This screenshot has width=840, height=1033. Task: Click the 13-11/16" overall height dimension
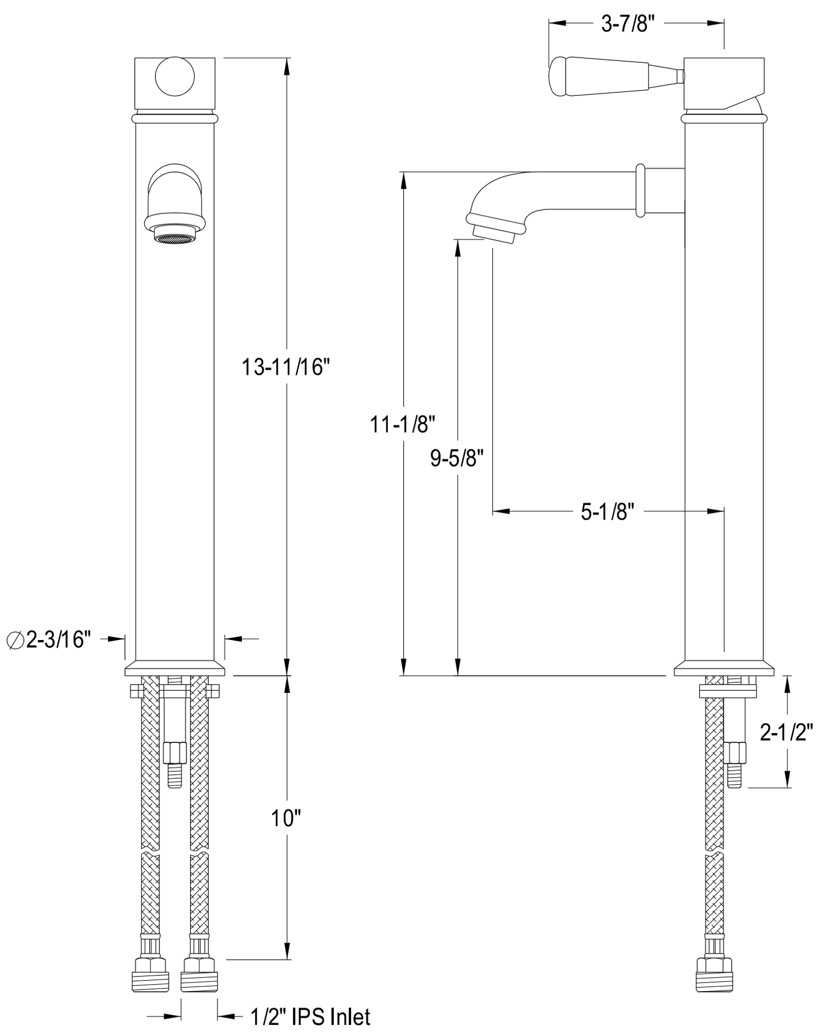pyautogui.click(x=286, y=367)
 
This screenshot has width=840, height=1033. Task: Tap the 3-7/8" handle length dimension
pyautogui.click(x=628, y=24)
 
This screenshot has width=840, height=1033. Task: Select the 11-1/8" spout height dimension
pyautogui.click(x=403, y=425)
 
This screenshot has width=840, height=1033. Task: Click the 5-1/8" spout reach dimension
pyautogui.click(x=607, y=512)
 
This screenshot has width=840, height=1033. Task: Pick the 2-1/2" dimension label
pyautogui.click(x=787, y=733)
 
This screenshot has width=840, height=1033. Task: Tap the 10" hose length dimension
pyautogui.click(x=286, y=818)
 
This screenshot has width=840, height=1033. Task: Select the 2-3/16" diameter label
pyautogui.click(x=49, y=640)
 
